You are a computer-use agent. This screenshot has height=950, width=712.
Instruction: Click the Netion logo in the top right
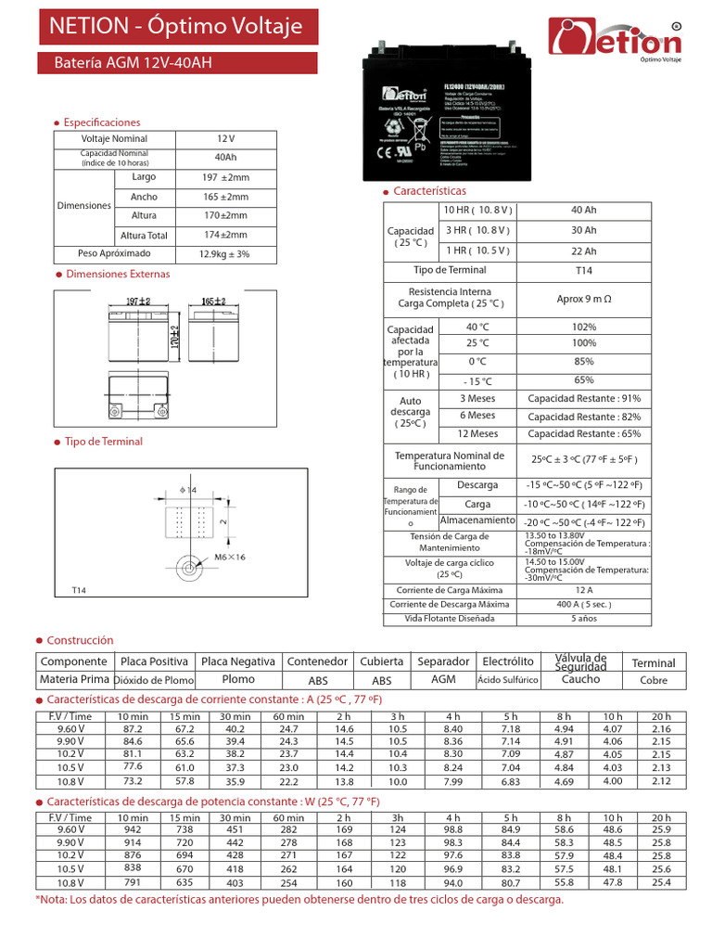point(616,40)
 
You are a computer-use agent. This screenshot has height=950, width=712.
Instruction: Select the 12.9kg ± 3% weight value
point(224,254)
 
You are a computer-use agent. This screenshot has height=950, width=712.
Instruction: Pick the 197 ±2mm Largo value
point(224,177)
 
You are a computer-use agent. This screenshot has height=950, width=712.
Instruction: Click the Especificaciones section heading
point(103,122)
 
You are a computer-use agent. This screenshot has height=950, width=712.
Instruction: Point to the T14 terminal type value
point(584,270)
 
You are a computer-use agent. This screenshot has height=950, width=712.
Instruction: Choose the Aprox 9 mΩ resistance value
point(584,299)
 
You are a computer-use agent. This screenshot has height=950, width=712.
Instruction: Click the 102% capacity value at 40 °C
point(584,327)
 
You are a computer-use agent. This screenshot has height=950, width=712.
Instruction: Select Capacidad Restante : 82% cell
point(584,416)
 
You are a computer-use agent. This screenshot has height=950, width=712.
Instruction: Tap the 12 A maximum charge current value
point(584,590)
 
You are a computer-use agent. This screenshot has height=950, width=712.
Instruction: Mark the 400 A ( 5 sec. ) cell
point(584,604)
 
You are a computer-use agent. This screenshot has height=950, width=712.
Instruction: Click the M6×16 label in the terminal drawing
point(230,557)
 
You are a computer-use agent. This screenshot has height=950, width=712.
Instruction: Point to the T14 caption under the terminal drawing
point(79,591)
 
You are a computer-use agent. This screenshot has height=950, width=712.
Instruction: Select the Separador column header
point(443,661)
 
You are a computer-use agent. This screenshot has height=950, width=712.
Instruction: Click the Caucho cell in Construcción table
point(581,679)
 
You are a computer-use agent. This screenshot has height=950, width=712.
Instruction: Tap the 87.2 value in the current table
point(133,730)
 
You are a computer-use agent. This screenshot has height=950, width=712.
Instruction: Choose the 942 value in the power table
point(133,829)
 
